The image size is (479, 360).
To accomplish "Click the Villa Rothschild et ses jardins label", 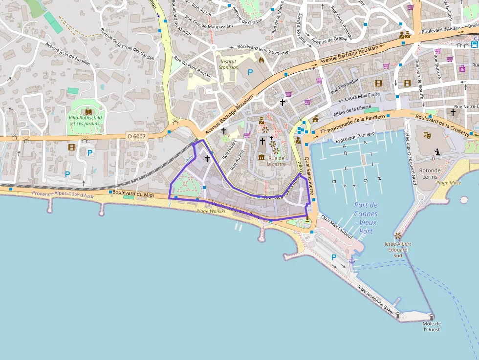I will [x=85, y=121].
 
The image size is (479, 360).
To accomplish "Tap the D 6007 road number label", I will [x=137, y=136].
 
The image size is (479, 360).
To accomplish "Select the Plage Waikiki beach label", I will [x=210, y=212].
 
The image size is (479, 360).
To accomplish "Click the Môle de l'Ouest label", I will [x=432, y=326].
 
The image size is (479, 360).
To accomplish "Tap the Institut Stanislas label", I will [x=228, y=64].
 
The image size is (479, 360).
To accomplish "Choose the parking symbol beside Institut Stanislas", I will [x=250, y=72].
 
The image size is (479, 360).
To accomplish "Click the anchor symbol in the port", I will [x=351, y=261].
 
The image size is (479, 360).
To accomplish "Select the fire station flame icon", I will [x=261, y=60].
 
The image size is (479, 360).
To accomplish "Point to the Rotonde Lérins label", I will [x=430, y=173].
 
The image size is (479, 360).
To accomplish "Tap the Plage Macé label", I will [x=448, y=183].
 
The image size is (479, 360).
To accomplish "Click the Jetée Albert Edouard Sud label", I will [x=397, y=249].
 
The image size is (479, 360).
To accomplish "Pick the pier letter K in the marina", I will [x=365, y=142].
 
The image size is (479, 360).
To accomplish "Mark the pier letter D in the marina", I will [x=334, y=182].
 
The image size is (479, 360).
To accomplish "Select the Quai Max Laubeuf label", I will [x=337, y=225].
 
